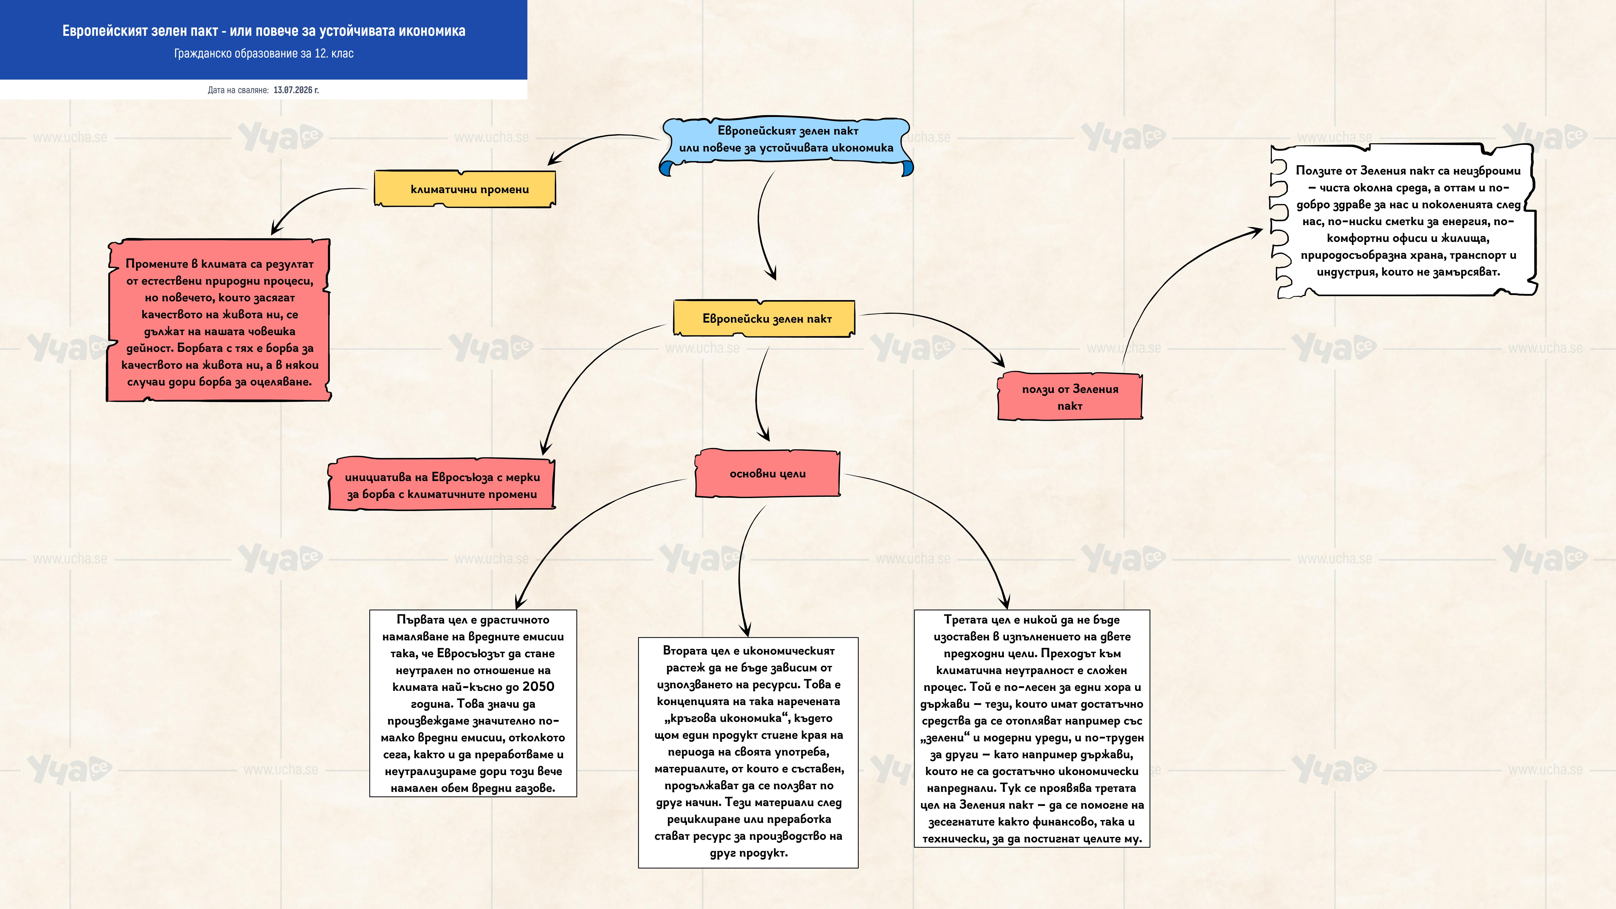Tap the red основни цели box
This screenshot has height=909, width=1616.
767,474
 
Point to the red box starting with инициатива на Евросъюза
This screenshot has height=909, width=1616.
442,485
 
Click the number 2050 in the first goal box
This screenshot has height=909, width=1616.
538,686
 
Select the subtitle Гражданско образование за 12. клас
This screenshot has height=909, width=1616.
263,53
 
